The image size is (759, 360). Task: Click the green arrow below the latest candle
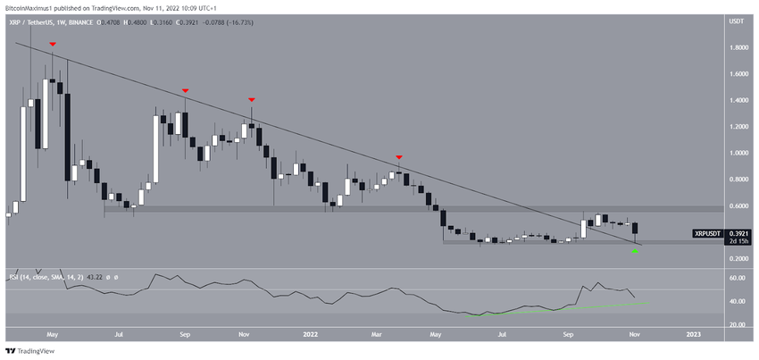point(635,251)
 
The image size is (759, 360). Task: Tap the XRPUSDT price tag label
point(708,233)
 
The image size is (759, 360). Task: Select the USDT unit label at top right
point(737,21)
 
